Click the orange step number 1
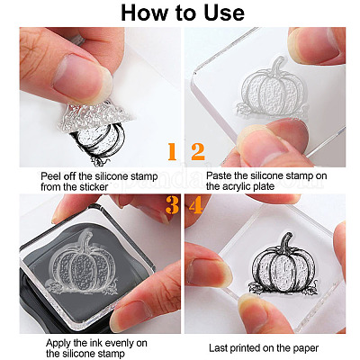172,151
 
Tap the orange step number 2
198,151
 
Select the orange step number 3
172,205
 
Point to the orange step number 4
196,205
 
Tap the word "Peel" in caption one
49,176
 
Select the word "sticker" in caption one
94,187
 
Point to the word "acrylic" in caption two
237,186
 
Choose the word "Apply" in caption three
58,343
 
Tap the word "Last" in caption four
218,348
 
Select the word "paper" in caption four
306,349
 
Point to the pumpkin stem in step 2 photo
277,67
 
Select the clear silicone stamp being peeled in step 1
95,115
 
